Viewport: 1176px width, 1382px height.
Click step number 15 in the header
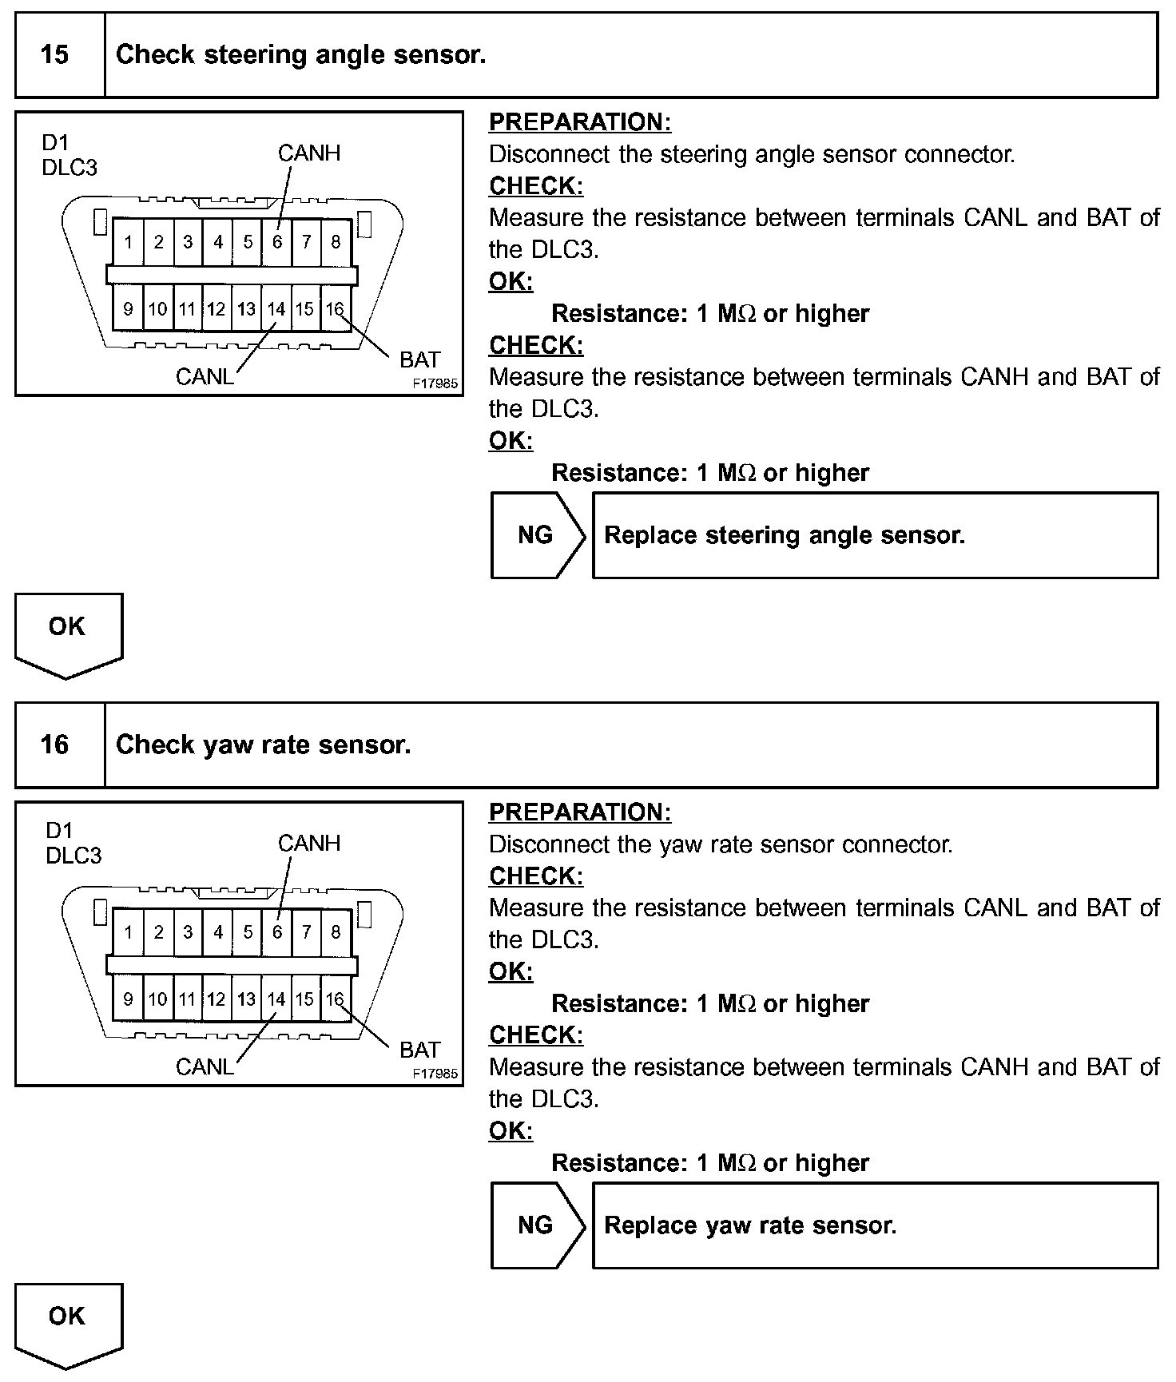[54, 54]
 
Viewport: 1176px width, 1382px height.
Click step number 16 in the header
[54, 745]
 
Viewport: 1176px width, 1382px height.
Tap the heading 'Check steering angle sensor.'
[300, 54]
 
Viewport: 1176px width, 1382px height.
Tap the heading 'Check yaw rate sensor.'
[263, 745]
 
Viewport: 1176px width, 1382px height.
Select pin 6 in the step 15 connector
[277, 241]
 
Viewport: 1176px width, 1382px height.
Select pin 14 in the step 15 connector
[276, 309]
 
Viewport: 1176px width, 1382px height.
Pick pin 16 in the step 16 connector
[335, 999]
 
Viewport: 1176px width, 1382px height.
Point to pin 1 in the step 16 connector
[128, 931]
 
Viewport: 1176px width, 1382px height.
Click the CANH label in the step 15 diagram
[308, 153]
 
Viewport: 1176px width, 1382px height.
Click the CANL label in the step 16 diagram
[205, 1066]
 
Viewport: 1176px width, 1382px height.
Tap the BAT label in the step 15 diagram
[419, 359]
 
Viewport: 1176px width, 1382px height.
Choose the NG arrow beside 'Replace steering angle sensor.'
[536, 534]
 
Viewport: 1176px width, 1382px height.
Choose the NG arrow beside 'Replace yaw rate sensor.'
[536, 1225]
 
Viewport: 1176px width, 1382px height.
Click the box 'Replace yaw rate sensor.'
[874, 1225]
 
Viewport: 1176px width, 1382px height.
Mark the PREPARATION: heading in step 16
[580, 812]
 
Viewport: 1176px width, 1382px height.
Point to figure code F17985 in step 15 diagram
[435, 383]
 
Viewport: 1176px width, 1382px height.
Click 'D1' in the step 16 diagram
[58, 831]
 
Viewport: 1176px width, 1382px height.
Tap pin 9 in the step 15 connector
[128, 309]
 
